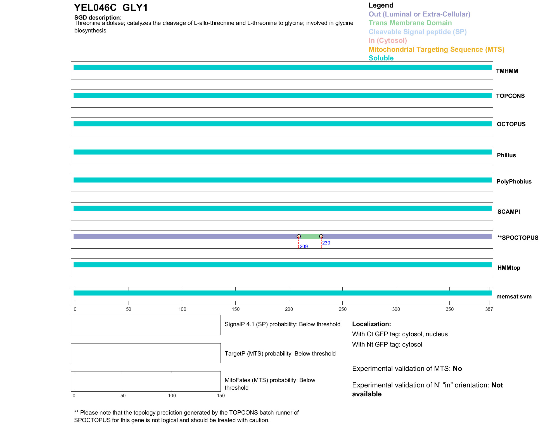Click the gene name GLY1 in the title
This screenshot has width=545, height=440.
tap(135, 8)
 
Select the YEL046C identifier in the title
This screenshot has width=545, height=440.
tap(95, 8)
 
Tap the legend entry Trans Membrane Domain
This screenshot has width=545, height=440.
tap(410, 23)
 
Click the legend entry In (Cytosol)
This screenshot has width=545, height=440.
tap(388, 41)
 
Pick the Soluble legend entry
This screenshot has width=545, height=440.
tap(381, 58)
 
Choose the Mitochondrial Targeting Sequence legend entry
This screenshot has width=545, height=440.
tap(436, 50)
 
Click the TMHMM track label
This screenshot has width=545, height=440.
tap(507, 71)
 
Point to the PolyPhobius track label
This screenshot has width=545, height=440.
tap(514, 182)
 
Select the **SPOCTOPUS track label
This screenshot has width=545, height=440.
tap(518, 238)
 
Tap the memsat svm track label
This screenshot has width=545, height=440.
tap(514, 297)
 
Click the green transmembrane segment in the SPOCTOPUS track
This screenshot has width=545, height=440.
tap(310, 237)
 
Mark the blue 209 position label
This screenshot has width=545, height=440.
tap(304, 246)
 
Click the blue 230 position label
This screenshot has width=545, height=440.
tap(326, 243)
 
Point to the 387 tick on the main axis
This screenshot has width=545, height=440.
tap(489, 309)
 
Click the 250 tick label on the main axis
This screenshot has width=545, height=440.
tap(342, 309)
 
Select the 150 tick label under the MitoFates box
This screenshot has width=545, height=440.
tap(221, 396)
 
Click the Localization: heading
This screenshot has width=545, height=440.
tap(371, 324)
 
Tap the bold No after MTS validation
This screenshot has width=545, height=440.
tap(457, 369)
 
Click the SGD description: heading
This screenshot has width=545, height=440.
tap(98, 18)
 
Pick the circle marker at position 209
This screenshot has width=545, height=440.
tap(299, 237)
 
